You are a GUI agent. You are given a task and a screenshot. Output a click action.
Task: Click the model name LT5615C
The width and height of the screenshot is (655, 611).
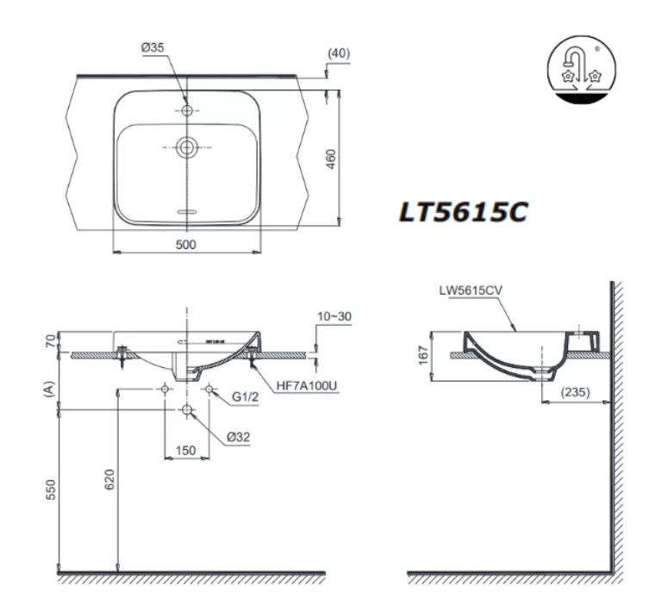click(x=462, y=213)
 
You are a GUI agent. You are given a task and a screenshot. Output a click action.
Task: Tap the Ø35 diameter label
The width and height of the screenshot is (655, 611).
click(x=153, y=48)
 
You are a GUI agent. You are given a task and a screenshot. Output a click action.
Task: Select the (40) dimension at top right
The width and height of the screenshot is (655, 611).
click(x=339, y=53)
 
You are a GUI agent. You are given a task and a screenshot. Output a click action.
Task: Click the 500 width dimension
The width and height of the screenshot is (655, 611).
click(x=185, y=244)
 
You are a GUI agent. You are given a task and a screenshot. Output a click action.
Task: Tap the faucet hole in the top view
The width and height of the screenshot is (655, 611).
click(x=186, y=111)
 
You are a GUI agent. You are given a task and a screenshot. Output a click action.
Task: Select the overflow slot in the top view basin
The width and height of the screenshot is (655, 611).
click(x=186, y=210)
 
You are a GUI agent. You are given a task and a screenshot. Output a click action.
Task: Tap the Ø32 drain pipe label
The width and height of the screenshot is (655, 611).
click(x=238, y=437)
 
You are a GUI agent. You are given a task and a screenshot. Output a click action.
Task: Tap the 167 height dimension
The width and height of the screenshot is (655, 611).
click(x=420, y=355)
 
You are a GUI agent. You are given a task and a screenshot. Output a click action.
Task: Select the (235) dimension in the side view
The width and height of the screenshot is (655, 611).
click(x=576, y=391)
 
